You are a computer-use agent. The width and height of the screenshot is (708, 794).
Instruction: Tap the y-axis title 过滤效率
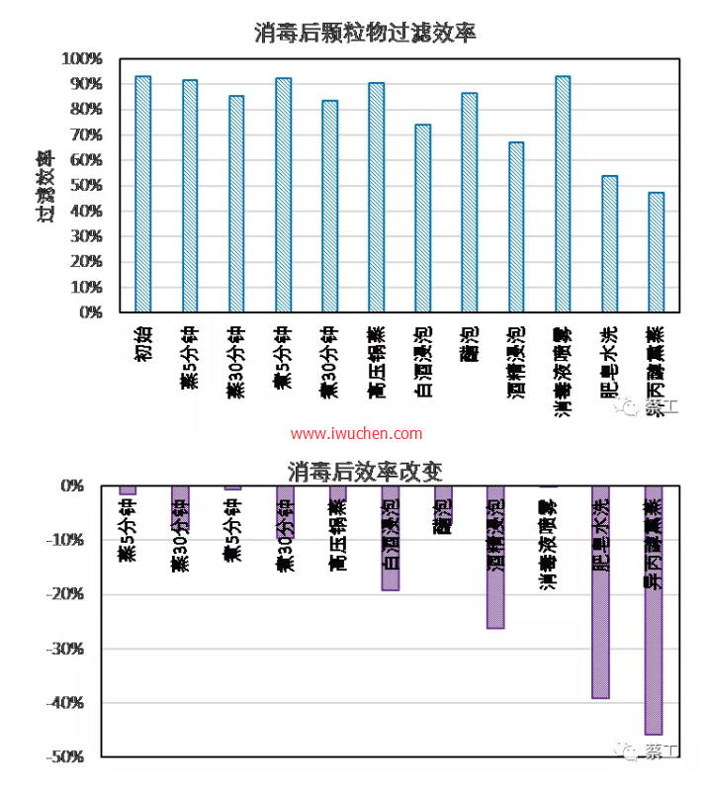(x=46, y=186)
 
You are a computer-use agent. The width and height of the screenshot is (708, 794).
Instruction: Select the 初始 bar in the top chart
(x=143, y=194)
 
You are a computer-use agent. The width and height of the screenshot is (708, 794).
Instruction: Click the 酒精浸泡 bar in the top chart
(x=516, y=227)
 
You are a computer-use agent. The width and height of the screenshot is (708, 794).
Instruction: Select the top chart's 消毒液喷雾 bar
(x=563, y=194)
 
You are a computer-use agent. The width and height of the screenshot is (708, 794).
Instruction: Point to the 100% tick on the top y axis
(x=83, y=58)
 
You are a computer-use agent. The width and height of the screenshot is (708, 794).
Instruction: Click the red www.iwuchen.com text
(x=357, y=434)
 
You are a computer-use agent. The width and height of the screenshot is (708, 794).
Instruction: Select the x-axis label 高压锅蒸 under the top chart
(x=377, y=362)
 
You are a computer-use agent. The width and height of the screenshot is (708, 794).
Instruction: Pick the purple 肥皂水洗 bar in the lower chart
(x=600, y=593)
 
